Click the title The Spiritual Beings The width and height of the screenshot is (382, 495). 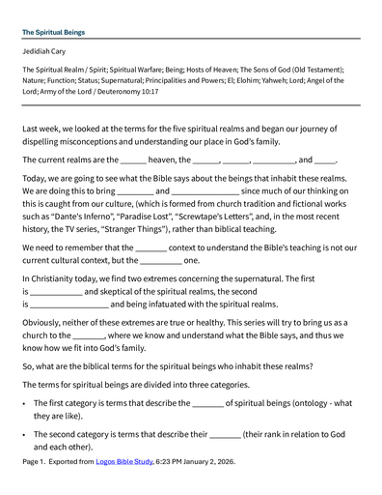pos(53,32)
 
